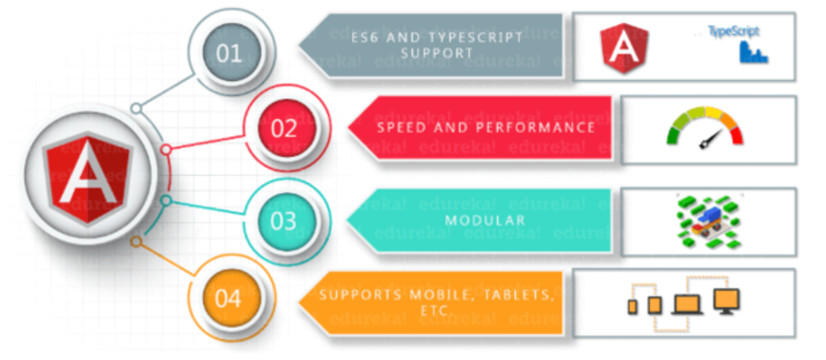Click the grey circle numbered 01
coord(229,53)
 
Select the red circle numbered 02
coord(284,128)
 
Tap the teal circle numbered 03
coord(284,220)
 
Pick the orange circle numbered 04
coord(228,298)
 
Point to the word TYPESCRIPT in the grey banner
coord(477,37)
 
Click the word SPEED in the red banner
coord(405,127)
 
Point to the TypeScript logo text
coord(733,31)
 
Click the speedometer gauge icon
coord(705,128)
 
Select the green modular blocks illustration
coord(708,221)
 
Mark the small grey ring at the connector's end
coord(136,108)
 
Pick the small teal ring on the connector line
coord(165,200)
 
